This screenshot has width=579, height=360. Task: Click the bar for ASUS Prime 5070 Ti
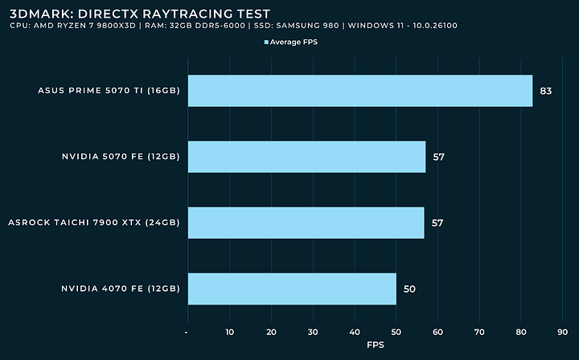tap(359, 91)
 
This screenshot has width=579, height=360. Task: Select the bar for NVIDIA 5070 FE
tap(306, 157)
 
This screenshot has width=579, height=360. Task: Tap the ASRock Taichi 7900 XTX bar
tap(306, 223)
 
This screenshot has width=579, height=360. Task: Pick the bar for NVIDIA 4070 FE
tap(292, 288)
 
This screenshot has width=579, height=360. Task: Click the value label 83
tap(546, 91)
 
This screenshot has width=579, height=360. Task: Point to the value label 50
tap(409, 288)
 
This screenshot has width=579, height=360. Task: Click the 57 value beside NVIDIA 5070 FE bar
tap(438, 157)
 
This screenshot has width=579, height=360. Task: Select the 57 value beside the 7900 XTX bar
tap(437, 223)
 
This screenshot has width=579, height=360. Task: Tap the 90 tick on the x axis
tap(562, 330)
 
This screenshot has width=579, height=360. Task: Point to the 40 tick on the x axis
tap(354, 330)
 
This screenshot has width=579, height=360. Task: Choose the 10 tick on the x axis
tap(229, 330)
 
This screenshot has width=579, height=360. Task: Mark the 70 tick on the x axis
tap(479, 330)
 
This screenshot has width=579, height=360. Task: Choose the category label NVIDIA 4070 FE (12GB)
tap(120, 288)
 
